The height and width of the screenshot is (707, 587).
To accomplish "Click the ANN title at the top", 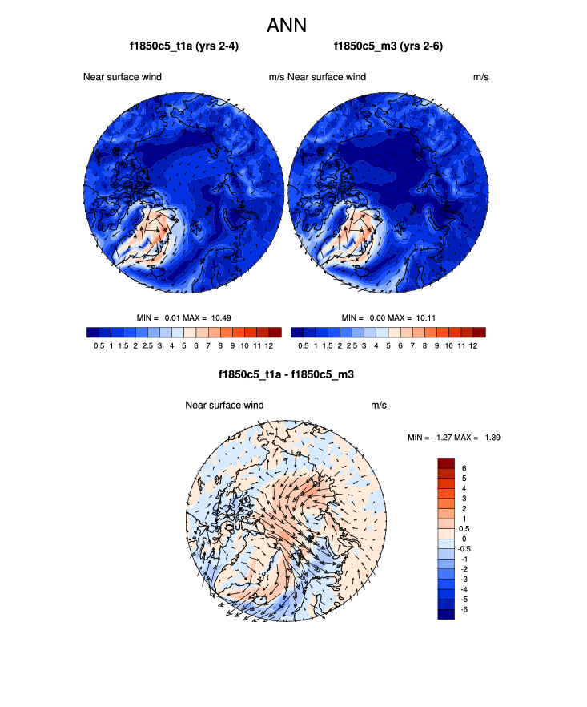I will point(293,25).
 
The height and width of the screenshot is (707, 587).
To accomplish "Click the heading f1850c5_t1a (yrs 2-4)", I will point(183,47).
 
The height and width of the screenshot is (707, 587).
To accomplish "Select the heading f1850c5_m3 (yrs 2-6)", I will point(388,47).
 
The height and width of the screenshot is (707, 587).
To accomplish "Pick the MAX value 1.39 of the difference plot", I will point(489,437).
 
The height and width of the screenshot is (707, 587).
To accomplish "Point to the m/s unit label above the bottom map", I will point(379,405).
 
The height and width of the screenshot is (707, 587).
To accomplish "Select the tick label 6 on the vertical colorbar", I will point(464,467).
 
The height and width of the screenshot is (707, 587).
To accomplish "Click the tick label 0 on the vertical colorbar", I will point(464,539).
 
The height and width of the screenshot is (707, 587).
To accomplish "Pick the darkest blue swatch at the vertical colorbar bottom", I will point(446,614).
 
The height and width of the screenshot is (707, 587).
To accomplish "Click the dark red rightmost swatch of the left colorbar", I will point(275,332).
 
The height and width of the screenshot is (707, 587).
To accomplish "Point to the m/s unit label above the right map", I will point(480,77).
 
